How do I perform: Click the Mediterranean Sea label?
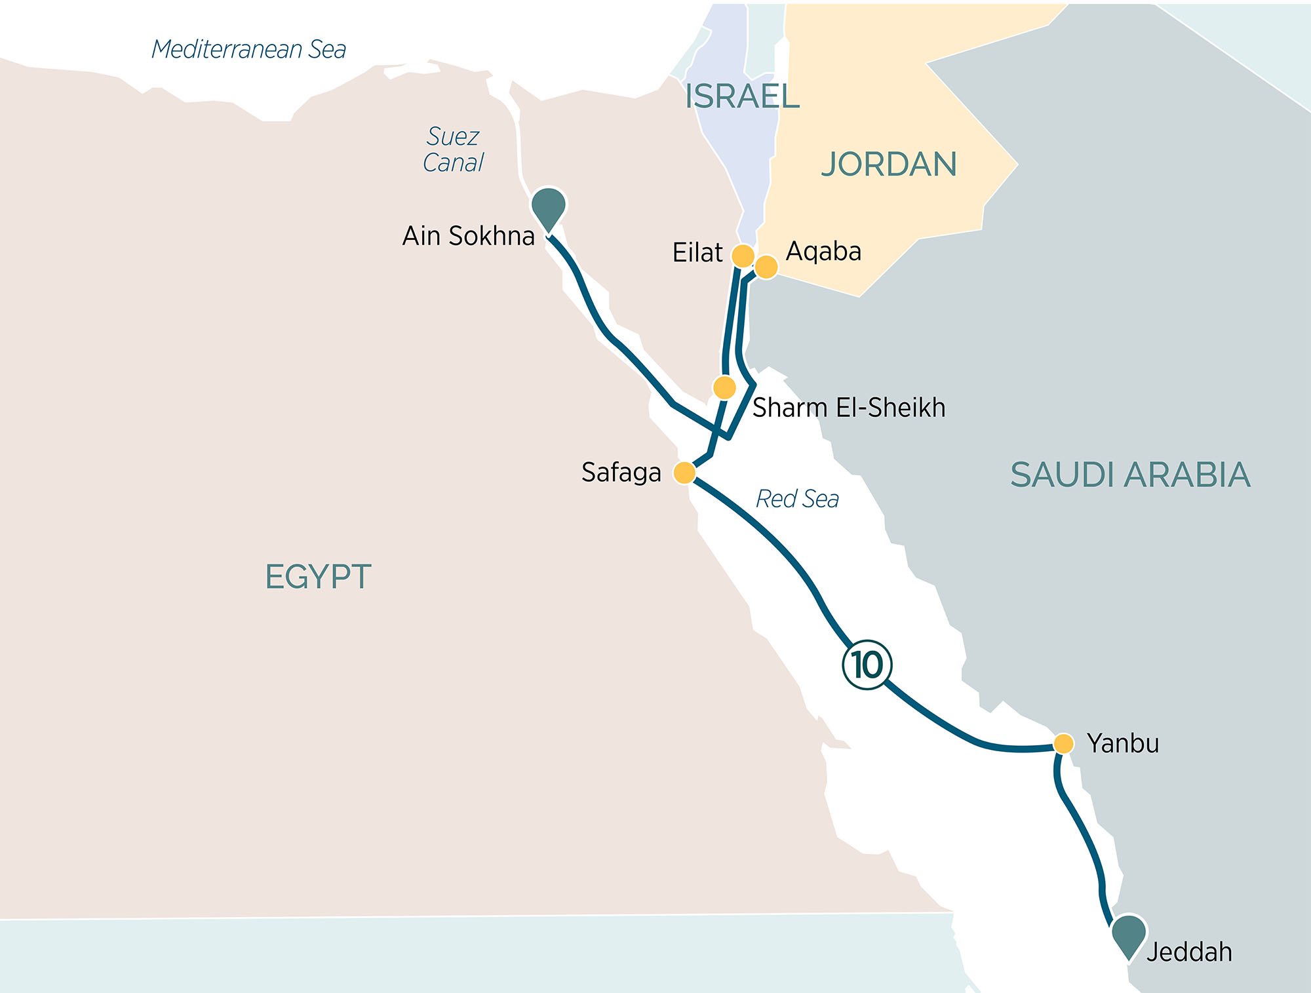tap(248, 50)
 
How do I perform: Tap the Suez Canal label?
tap(453, 149)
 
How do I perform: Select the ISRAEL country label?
tap(742, 96)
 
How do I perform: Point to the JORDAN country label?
tap(889, 164)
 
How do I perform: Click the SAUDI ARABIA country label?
tap(1130, 475)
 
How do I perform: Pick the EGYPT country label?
tap(318, 577)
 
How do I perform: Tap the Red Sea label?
tap(797, 499)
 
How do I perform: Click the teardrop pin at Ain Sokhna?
tap(549, 207)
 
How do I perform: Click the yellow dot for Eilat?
tap(743, 256)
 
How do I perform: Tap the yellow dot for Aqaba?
tap(766, 267)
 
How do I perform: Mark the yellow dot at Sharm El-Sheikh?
tap(724, 387)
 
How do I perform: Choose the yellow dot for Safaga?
tap(684, 473)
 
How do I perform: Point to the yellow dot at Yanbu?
tap(1063, 744)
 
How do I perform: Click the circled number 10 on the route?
tap(867, 665)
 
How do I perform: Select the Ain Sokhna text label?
tap(469, 236)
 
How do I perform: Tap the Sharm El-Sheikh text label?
tap(849, 408)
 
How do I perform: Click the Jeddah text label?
tap(1189, 952)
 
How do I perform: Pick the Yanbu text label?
tap(1123, 743)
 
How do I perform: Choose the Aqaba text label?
tap(823, 252)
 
